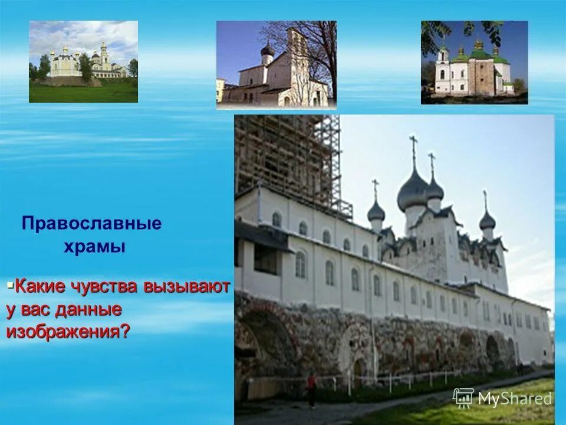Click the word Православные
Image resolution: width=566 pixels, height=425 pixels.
91,224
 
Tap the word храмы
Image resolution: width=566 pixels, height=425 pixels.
94,247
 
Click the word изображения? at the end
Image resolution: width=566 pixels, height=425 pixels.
68,332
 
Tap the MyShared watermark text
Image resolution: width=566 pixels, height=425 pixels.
515,399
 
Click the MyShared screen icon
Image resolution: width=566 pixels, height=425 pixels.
463,398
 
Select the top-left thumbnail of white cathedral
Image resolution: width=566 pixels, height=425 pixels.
83,61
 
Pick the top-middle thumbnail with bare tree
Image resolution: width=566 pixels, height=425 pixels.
276,65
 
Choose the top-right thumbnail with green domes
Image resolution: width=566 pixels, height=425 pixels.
474,63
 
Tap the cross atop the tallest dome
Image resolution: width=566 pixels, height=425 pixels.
413,145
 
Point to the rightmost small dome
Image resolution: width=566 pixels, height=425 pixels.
487,221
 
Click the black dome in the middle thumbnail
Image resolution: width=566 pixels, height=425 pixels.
268,50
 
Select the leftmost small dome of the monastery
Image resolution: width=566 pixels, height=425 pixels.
376,211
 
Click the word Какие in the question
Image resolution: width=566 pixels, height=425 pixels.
41,287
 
